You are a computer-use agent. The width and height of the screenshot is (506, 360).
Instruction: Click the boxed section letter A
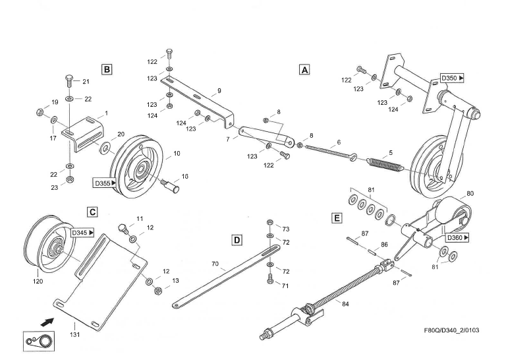click(304, 69)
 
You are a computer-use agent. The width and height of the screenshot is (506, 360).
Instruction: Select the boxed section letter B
click(107, 69)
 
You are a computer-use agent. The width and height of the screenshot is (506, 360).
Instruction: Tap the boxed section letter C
click(93, 212)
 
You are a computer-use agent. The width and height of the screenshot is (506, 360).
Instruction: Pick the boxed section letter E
click(337, 218)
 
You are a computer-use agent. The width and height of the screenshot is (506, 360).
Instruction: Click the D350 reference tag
click(452, 78)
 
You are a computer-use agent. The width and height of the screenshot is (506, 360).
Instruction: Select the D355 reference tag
click(105, 183)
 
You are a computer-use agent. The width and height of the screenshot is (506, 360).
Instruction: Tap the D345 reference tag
click(82, 233)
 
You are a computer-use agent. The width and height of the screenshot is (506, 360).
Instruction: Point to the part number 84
click(345, 304)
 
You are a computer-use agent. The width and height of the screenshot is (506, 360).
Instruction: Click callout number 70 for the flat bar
click(214, 265)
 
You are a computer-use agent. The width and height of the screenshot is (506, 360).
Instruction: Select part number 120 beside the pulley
click(38, 282)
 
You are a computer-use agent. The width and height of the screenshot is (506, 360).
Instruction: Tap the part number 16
click(185, 177)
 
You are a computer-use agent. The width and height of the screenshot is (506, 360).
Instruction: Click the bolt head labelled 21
click(69, 81)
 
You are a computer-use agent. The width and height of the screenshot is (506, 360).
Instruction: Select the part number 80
click(470, 194)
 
